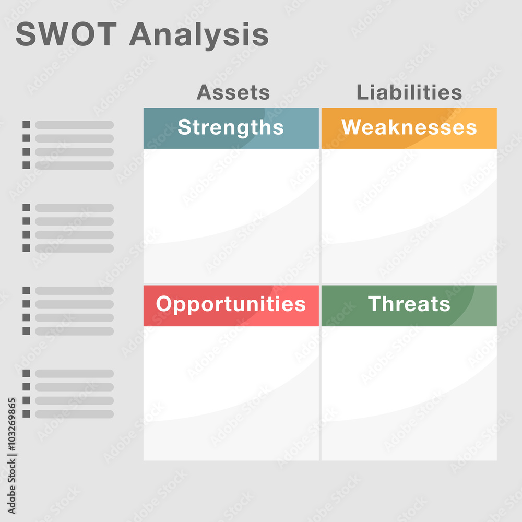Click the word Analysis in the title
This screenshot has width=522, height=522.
point(199,35)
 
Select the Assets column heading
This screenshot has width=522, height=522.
point(233,93)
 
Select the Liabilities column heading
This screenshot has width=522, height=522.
point(409,93)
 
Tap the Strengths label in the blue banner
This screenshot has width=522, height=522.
point(231,128)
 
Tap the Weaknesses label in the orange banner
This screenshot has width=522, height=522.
point(409,128)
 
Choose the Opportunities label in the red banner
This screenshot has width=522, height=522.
point(231,304)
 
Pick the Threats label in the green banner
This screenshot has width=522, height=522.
point(409,304)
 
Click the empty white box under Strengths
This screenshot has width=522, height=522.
point(231,215)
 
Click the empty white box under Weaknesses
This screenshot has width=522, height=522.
point(409,215)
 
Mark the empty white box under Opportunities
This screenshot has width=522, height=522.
point(231,393)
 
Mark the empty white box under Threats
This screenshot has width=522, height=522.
point(409,393)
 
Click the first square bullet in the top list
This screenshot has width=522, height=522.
point(26,125)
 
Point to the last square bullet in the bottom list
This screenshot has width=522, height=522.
point(26,414)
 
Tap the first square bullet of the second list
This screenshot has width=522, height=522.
point(26,208)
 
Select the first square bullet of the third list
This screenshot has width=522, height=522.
point(26,290)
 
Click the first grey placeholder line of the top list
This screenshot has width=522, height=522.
point(74,125)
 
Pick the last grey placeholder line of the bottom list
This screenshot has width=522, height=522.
point(74,414)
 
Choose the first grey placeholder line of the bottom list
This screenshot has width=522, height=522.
point(74,374)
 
